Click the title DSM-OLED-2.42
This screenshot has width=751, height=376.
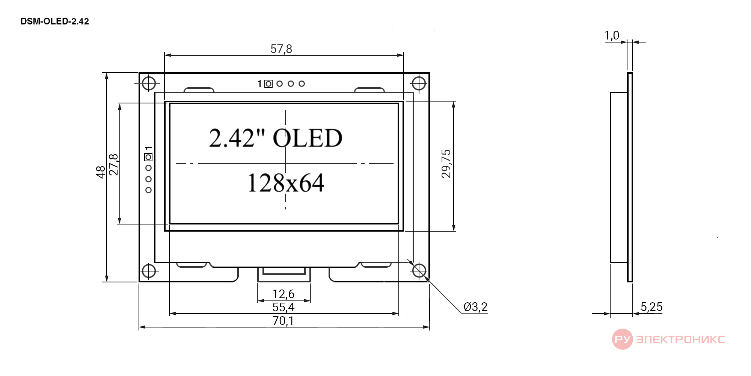54,21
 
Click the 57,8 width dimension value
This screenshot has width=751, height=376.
281,49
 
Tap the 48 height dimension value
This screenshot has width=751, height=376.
100,172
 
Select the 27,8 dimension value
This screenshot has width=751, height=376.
113,165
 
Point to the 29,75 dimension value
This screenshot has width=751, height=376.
446,164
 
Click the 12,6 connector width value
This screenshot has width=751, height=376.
283,294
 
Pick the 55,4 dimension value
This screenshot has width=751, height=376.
284,307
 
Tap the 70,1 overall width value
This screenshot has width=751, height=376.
283,321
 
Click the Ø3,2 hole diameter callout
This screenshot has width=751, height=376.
475,307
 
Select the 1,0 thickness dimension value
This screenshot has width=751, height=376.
612,35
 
